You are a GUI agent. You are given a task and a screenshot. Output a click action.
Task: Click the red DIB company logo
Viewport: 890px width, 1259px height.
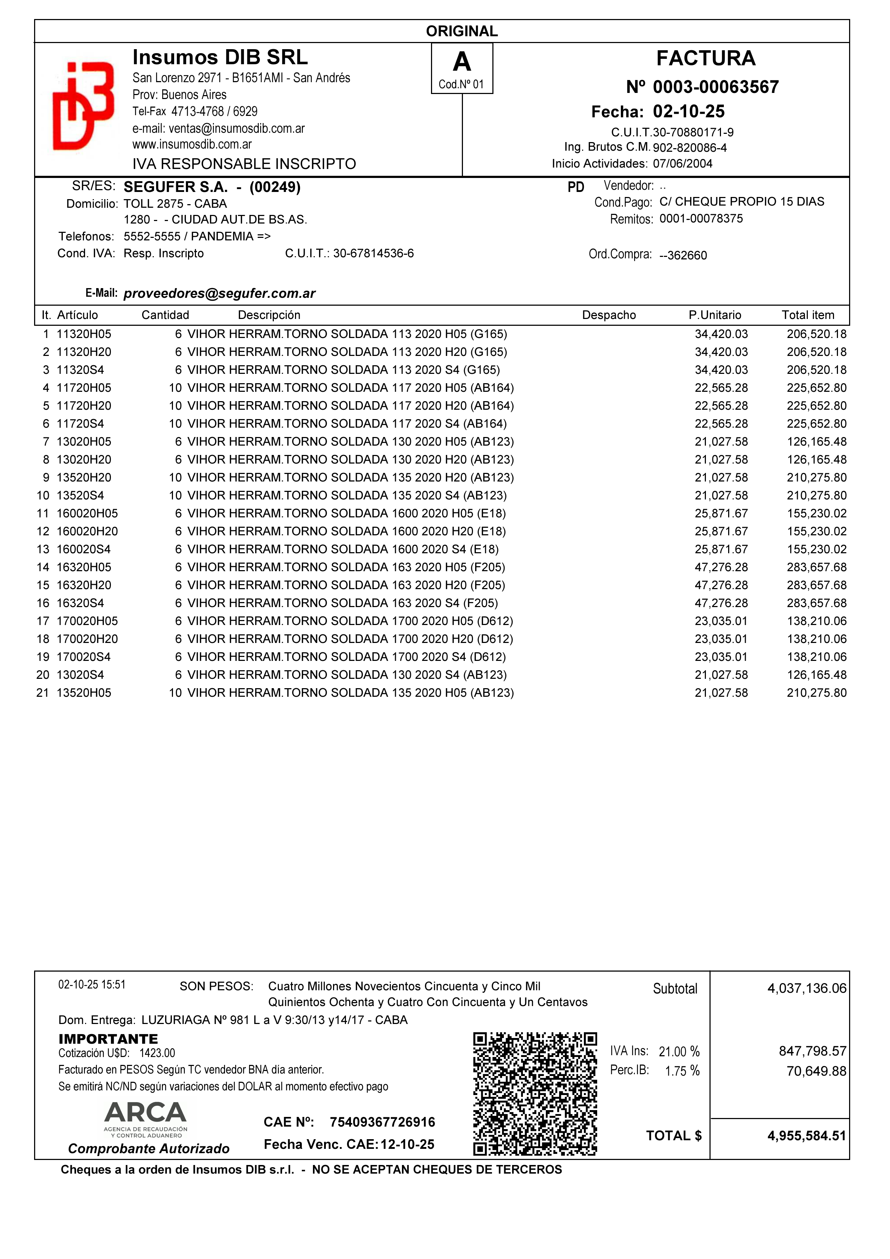pyautogui.click(x=83, y=106)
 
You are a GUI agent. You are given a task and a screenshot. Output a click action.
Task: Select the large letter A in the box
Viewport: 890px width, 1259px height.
pyautogui.click(x=462, y=62)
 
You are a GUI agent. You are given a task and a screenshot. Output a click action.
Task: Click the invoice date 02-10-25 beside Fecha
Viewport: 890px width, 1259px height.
pyautogui.click(x=688, y=111)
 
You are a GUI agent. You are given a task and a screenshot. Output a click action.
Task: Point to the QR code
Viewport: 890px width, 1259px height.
pyautogui.click(x=535, y=1094)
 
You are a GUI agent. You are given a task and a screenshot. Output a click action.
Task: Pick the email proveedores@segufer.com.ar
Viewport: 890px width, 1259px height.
pyautogui.click(x=219, y=293)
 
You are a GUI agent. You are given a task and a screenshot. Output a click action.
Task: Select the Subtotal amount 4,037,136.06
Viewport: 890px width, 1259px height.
pyautogui.click(x=806, y=988)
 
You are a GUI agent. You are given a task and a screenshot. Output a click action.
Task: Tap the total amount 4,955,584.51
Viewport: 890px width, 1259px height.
pyautogui.click(x=806, y=1136)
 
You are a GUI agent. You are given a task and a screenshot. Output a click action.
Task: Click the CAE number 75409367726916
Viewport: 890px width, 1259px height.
pyautogui.click(x=382, y=1122)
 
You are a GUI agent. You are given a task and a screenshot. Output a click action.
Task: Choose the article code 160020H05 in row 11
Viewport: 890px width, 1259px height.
pyautogui.click(x=87, y=513)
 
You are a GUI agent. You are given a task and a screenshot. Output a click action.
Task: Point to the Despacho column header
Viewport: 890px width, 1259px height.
pyautogui.click(x=609, y=315)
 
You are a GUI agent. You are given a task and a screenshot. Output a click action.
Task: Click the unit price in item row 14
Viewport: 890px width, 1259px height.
pyautogui.click(x=721, y=567)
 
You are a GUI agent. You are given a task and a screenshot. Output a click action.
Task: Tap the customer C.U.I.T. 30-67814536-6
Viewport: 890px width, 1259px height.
pyautogui.click(x=373, y=253)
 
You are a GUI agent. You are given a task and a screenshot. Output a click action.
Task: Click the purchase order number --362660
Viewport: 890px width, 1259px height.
pyautogui.click(x=683, y=255)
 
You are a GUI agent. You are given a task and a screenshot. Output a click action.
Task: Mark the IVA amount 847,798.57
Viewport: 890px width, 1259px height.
pyautogui.click(x=812, y=1051)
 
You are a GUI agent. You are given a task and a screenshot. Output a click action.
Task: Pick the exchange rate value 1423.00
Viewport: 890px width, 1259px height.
pyautogui.click(x=158, y=1053)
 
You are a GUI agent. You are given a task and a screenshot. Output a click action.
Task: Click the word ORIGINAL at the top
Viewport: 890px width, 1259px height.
pyautogui.click(x=462, y=31)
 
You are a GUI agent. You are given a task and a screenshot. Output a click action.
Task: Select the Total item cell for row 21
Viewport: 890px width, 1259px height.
pyautogui.click(x=816, y=692)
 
